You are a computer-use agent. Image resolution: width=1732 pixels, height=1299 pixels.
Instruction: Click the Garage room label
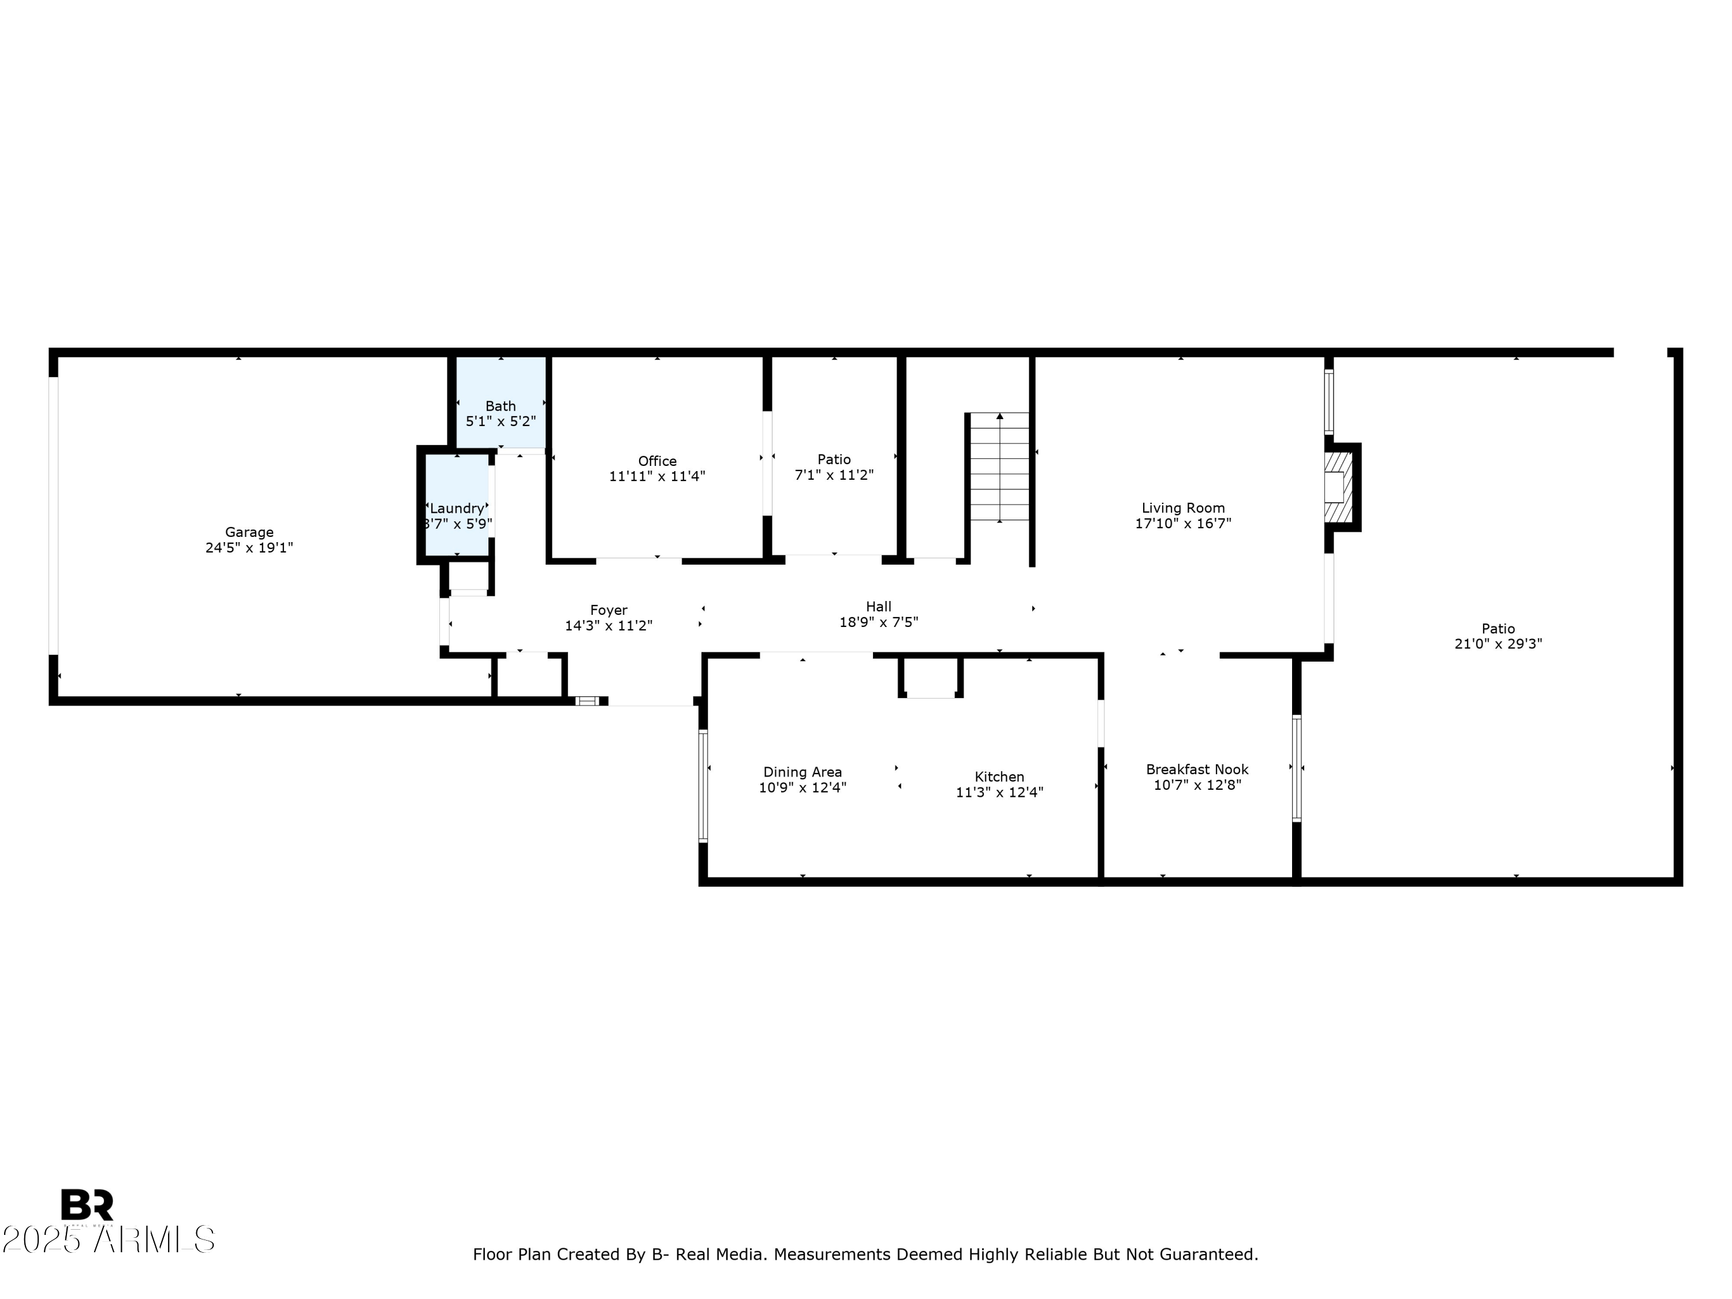tap(249, 532)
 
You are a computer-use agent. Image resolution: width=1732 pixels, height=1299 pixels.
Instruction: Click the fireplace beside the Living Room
tap(1338, 487)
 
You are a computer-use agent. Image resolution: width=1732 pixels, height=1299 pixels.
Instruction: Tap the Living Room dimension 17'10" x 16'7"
tap(1182, 524)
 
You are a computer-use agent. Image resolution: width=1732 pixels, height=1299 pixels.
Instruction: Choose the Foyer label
tap(609, 610)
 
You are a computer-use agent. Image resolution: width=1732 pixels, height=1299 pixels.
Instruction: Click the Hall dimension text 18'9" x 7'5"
tap(879, 622)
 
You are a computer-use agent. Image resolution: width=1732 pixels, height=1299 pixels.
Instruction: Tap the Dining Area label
tap(802, 772)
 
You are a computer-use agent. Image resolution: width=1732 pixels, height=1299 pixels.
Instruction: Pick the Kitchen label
tap(999, 777)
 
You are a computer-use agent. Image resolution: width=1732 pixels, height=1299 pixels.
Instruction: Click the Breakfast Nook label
tap(1196, 770)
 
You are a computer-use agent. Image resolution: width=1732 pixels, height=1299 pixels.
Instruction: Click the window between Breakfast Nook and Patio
tap(1296, 768)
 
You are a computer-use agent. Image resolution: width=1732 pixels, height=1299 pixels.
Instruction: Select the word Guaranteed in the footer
tap(1207, 1255)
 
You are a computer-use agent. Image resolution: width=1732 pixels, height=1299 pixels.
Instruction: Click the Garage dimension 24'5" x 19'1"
tap(249, 548)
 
